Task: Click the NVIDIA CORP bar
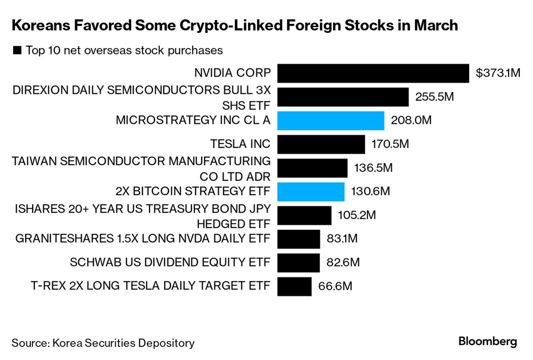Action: [x=373, y=73]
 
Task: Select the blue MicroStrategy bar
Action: [x=331, y=121]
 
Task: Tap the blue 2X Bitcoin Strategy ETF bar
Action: [x=310, y=192]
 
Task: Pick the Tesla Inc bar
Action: [x=321, y=145]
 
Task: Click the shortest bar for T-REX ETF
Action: [x=294, y=286]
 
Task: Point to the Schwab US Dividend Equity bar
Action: [x=298, y=263]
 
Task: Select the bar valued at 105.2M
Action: [x=304, y=215]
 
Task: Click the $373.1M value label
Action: [x=498, y=73]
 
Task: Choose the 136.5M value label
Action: [x=373, y=168]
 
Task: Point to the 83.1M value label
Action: [x=342, y=239]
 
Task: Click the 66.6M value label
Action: [x=335, y=286]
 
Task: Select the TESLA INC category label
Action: [x=240, y=144]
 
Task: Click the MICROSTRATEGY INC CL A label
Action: [x=193, y=120]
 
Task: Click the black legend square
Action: [x=17, y=51]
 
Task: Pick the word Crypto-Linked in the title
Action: [x=239, y=26]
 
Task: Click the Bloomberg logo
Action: [x=487, y=341]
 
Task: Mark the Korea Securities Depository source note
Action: [x=103, y=343]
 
